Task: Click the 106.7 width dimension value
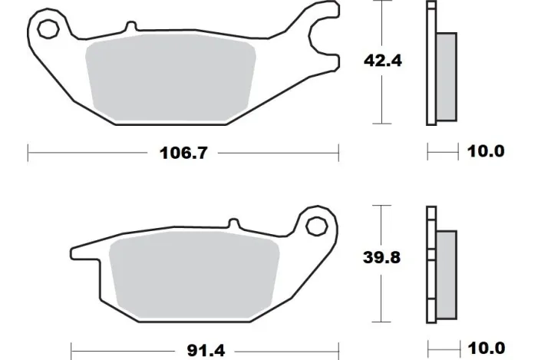[183, 151]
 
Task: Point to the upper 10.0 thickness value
[486, 151]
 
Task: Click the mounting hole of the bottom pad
[315, 226]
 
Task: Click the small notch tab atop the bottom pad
[230, 225]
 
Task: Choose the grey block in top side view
[445, 77]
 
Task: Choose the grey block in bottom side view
[446, 275]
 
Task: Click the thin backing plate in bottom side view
[430, 265]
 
